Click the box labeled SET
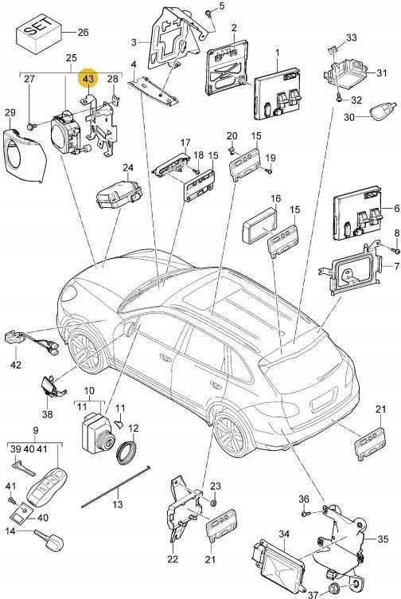pos(41,34)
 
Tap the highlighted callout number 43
pos(88,79)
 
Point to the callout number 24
pos(128,168)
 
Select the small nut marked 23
pos(213,503)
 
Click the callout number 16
pos(274,198)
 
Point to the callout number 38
pos(47,414)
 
